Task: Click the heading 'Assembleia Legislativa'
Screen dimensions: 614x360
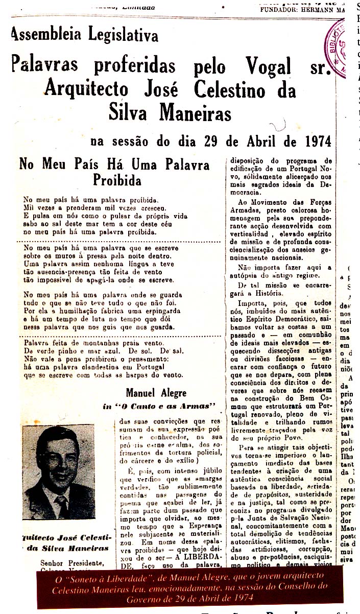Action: coord(85,34)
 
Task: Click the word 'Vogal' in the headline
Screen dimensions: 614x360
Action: coord(269,66)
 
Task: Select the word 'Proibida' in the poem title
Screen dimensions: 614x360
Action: coord(117,180)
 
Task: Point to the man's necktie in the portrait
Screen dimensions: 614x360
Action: coord(62,504)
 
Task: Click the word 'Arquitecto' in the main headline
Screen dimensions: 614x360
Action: coord(86,90)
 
